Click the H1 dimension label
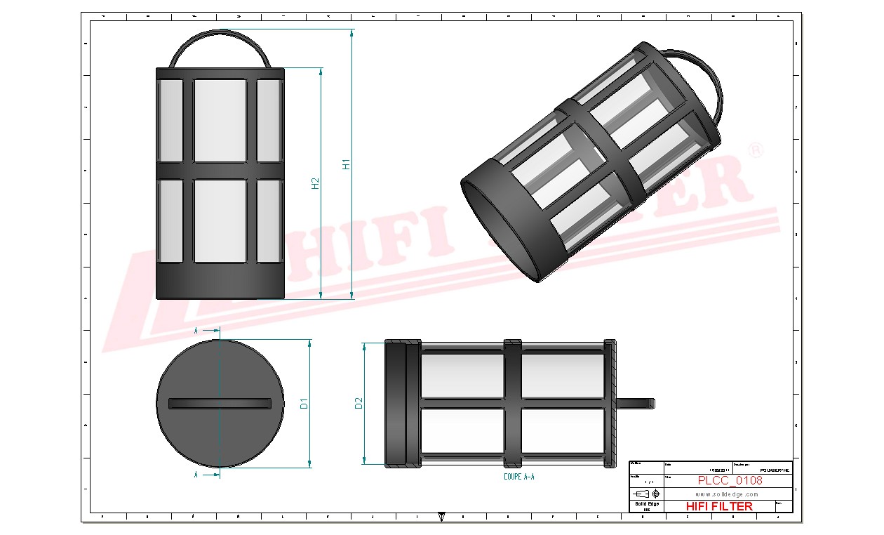[x=345, y=164]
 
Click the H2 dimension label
[x=316, y=183]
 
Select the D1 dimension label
[x=304, y=404]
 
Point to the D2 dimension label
[x=359, y=403]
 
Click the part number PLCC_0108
[x=730, y=481]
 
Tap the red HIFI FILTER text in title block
[x=718, y=506]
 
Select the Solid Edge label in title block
[x=646, y=504]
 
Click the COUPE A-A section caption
[x=519, y=477]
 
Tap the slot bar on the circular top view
[x=220, y=403]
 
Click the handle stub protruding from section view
[x=636, y=403]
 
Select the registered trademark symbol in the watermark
[x=756, y=152]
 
